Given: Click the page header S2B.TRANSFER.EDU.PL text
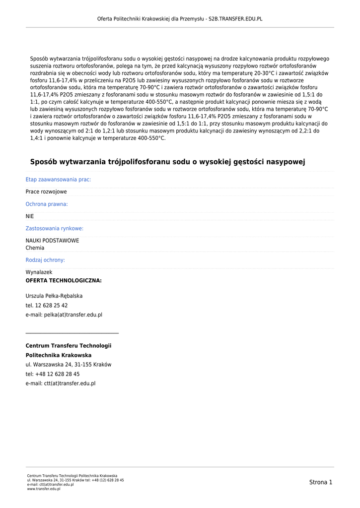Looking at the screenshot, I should [x=235, y=19].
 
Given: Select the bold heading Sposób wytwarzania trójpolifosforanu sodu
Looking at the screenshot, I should [x=167, y=162].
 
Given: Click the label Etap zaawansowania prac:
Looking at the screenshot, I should [x=58, y=180].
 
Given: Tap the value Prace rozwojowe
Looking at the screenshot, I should [x=46, y=192].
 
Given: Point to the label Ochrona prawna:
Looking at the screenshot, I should [x=47, y=204].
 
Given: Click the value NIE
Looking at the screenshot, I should [x=30, y=216].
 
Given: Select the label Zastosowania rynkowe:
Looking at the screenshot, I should [x=55, y=229].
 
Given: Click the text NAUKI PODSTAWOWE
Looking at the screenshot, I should [x=52, y=241].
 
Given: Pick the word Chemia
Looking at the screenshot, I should [x=35, y=248].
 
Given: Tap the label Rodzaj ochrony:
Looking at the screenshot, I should [x=45, y=260].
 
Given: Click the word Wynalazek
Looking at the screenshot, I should [x=39, y=272].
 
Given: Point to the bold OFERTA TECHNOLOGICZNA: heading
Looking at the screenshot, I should [x=64, y=281].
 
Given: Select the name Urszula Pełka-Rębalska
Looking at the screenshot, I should [x=54, y=296].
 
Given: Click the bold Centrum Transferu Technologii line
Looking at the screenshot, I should [x=69, y=346].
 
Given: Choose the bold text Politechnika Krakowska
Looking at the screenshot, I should [x=59, y=355].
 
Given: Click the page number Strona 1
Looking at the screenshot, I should [x=320, y=482].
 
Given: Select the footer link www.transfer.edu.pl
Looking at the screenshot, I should [x=44, y=489].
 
